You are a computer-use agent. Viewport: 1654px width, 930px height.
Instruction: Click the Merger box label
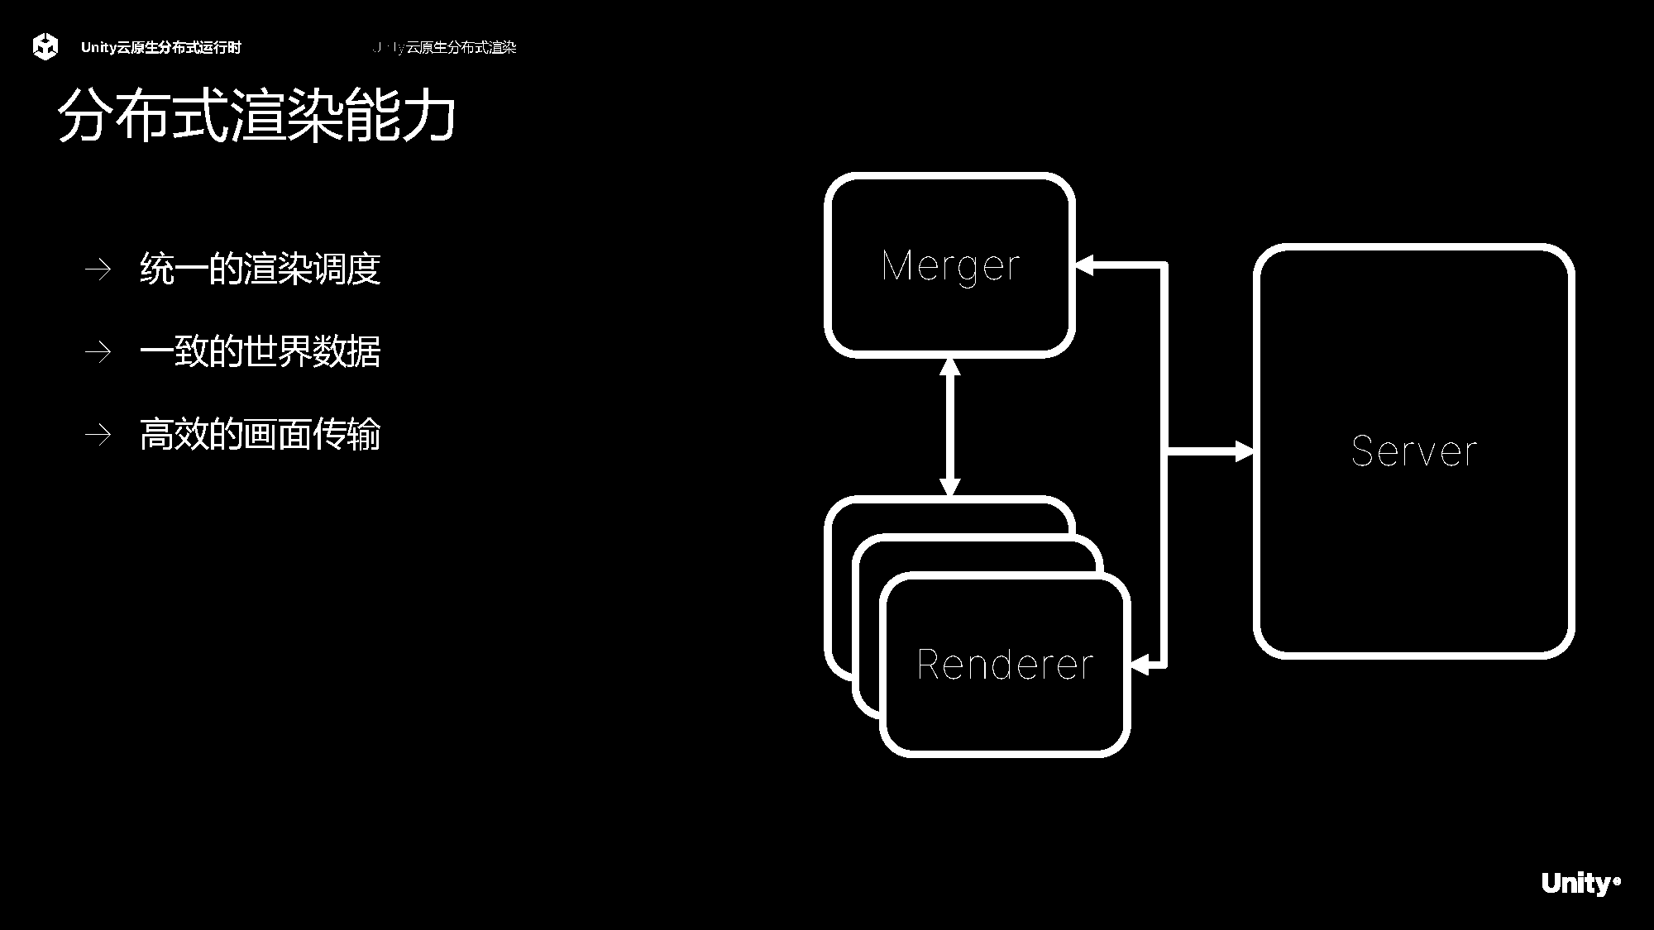(950, 266)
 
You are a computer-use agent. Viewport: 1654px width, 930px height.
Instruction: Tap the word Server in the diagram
(1413, 451)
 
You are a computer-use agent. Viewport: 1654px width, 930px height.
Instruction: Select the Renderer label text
(1005, 665)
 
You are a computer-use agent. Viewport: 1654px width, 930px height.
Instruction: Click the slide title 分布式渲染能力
(256, 116)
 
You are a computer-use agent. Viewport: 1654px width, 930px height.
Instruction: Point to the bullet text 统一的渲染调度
(260, 269)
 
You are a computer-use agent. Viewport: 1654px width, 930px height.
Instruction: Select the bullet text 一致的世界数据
(260, 351)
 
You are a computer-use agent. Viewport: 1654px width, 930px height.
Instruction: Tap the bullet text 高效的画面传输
(260, 434)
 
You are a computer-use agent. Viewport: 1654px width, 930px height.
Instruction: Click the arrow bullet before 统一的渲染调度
(98, 269)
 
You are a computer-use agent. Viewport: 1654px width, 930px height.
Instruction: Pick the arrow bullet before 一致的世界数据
(98, 352)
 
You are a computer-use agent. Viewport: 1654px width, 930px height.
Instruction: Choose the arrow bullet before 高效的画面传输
(98, 435)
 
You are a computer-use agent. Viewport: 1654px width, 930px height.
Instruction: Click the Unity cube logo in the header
(45, 47)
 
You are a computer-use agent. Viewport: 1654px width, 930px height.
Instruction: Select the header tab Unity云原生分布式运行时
(160, 48)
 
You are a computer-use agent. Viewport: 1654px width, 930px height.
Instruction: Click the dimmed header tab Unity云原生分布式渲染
(445, 48)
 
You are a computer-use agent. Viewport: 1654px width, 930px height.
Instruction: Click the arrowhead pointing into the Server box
(1244, 451)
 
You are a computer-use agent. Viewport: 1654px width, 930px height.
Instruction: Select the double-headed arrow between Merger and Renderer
(950, 427)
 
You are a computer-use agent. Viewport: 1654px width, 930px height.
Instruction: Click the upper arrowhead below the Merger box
(950, 367)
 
